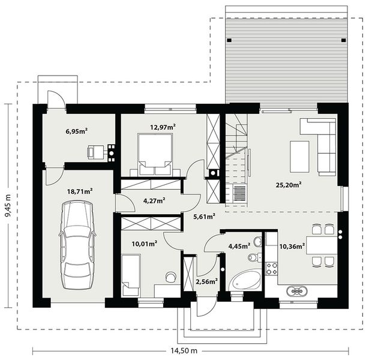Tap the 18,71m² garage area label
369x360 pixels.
tap(79, 191)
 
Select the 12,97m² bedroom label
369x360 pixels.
tap(162, 127)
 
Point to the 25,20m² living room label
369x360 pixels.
tap(288, 185)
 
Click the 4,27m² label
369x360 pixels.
tap(154, 202)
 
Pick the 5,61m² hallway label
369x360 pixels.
tap(204, 218)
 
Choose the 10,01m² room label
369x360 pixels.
tap(144, 244)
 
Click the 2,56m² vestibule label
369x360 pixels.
tap(206, 280)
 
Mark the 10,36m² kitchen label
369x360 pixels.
tap(290, 245)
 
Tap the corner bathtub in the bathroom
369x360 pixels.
tap(246, 280)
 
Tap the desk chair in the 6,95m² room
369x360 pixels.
tap(95, 152)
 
